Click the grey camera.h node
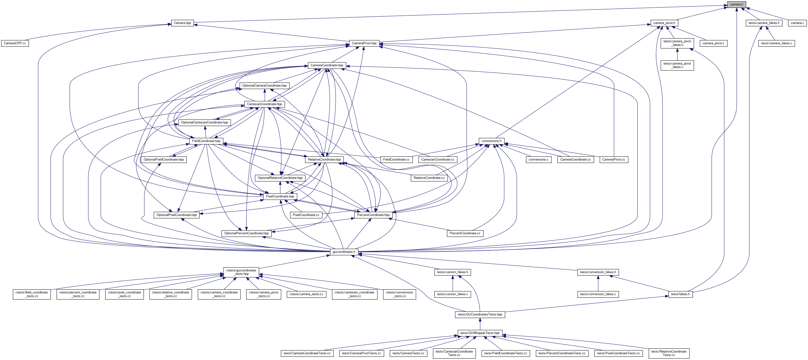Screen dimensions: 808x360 coord(737,4)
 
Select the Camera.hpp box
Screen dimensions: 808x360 coord(182,23)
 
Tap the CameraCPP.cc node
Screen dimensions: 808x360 coord(15,43)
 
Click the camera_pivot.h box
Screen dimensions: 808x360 coord(664,23)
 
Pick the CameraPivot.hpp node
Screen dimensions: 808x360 coord(364,43)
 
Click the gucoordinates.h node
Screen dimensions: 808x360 coord(344,252)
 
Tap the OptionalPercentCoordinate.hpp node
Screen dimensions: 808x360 coord(246,233)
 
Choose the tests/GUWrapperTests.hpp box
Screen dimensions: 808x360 coord(480,333)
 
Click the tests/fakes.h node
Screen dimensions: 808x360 coord(680,294)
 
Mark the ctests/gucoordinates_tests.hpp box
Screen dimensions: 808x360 coord(241,272)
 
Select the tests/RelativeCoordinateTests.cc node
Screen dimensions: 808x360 coord(669,353)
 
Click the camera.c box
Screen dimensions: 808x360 coord(797,23)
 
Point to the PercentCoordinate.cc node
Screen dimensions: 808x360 coord(465,233)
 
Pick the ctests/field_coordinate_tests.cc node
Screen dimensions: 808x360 coord(32,294)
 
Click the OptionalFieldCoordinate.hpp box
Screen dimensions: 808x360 coord(164,160)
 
